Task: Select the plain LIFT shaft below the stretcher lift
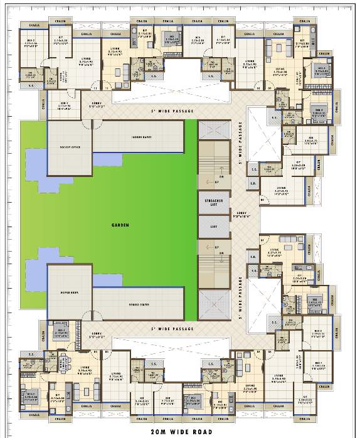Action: pyautogui.click(x=213, y=227)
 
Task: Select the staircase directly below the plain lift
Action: pyautogui.click(x=213, y=264)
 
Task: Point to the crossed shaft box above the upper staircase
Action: pyautogui.click(x=213, y=130)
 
